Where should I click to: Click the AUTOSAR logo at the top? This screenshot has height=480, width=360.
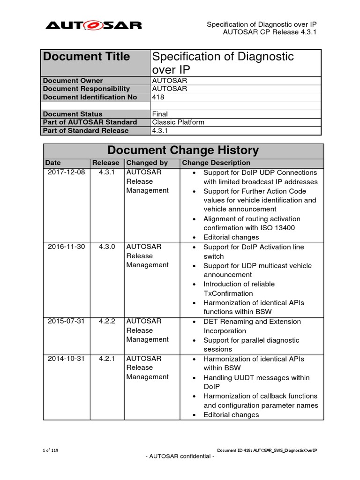[93, 25]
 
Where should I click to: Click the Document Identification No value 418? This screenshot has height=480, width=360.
[158, 97]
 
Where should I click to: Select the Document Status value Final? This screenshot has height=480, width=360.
[160, 114]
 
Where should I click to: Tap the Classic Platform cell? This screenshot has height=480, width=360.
[178, 122]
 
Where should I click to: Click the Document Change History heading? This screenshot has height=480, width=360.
[183, 150]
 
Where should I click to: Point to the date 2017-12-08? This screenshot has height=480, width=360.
[67, 172]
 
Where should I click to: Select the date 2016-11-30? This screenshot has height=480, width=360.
[67, 247]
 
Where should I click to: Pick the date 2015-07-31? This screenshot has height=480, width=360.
[67, 322]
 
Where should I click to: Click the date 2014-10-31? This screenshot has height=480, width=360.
[67, 359]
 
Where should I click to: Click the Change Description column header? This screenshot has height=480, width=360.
[216, 163]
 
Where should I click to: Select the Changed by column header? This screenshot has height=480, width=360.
[147, 163]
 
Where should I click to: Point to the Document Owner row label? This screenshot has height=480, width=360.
[73, 81]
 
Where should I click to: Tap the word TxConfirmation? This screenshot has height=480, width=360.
[228, 293]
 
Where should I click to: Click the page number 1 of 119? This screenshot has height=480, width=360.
[50, 450]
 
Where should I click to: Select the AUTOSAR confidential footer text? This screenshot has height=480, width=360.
[180, 457]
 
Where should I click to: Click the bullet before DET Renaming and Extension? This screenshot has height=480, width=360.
[195, 322]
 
